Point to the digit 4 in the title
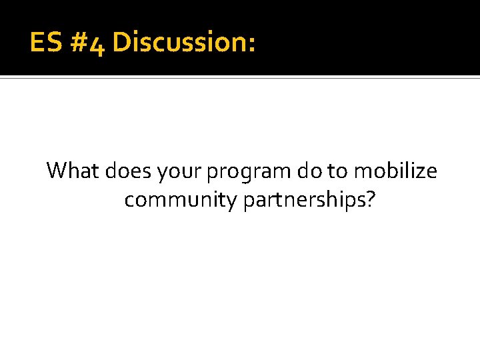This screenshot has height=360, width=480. pos(97,44)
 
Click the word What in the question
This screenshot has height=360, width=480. pos(73,171)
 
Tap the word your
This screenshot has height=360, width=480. pos(180,173)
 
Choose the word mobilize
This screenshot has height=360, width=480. pos(396,171)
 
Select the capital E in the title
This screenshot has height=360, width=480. pos(37,42)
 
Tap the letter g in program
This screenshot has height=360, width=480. pos(249,175)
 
